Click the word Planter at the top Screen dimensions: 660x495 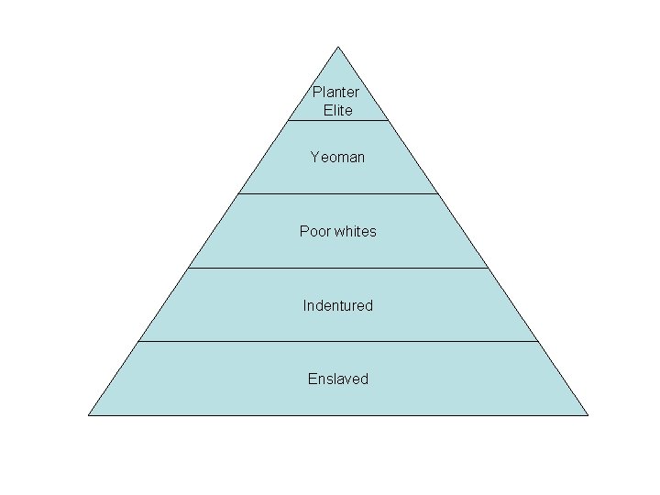coord(335,92)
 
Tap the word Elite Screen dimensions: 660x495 coord(338,110)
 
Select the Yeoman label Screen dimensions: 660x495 coord(337,158)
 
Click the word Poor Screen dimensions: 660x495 coord(314,231)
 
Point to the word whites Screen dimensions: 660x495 coord(355,231)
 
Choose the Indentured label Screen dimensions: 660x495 coord(338,305)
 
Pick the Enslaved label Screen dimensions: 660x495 coord(338,379)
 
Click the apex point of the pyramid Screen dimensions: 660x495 coord(338,47)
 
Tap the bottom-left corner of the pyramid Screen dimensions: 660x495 coord(89,414)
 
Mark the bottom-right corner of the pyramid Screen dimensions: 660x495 coord(588,414)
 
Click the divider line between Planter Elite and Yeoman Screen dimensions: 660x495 coord(338,120)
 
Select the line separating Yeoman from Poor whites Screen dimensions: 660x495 coord(338,193)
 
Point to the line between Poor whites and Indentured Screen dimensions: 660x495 coord(338,268)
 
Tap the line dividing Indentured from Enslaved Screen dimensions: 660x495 coord(338,341)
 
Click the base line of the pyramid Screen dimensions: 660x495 coord(338,414)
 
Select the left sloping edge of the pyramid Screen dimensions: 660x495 coord(214,231)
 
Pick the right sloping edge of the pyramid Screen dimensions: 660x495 coord(463,231)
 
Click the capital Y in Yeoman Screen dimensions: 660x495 coord(314,157)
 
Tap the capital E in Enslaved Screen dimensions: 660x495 coord(312,379)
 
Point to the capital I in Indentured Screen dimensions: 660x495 coord(305,305)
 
